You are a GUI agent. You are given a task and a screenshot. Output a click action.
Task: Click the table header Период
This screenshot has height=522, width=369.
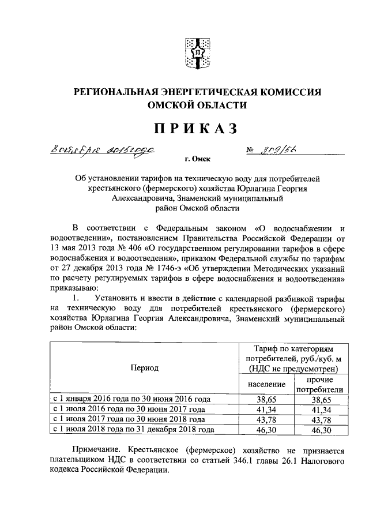(144, 367)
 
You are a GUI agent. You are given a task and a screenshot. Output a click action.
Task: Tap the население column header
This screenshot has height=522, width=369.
(266, 383)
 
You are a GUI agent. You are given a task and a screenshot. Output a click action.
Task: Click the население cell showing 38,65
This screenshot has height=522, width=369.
(266, 399)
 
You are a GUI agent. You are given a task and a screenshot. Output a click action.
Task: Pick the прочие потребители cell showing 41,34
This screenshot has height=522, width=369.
(319, 409)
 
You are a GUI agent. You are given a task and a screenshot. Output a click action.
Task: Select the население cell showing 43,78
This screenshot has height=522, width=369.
(266, 419)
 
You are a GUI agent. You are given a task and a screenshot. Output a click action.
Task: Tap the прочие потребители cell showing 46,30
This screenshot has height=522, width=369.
(319, 429)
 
